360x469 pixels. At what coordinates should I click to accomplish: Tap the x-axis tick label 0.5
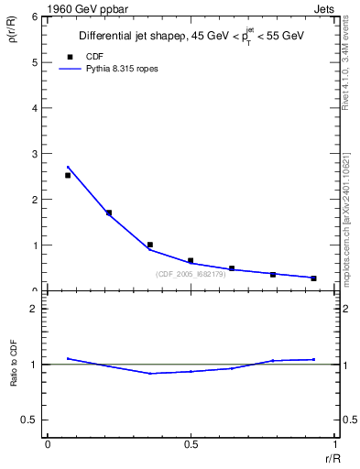tap(191, 444)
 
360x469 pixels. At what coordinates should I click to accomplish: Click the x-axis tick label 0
tap(47, 444)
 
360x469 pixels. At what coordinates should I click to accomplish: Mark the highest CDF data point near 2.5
tap(68, 175)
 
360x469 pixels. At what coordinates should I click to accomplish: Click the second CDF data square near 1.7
tap(109, 213)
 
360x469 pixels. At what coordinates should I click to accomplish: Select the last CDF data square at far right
tap(313, 278)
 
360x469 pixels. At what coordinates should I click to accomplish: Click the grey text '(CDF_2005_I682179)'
tap(191, 274)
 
